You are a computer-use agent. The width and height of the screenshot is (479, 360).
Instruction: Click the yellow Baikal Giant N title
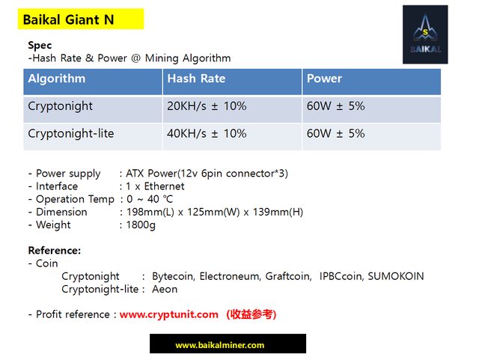click(81, 19)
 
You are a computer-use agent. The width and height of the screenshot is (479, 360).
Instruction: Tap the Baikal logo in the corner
click(425, 34)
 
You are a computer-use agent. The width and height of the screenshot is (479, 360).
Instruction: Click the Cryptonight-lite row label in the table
click(71, 133)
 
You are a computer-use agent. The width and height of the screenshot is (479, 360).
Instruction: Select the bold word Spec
click(40, 45)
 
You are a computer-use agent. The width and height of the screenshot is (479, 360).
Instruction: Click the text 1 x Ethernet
click(155, 186)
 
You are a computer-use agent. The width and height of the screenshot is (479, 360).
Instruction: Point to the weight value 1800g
click(141, 225)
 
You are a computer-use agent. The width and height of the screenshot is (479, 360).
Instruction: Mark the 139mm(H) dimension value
click(278, 212)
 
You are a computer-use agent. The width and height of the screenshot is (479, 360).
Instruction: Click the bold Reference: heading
click(55, 251)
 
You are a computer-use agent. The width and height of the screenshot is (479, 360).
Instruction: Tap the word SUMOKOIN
click(396, 276)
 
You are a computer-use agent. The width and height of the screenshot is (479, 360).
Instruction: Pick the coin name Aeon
click(165, 289)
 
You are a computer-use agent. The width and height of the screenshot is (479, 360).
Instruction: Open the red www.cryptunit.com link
click(168, 314)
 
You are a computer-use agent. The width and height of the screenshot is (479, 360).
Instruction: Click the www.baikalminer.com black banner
click(228, 344)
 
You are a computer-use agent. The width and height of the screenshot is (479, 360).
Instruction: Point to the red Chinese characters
click(251, 314)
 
